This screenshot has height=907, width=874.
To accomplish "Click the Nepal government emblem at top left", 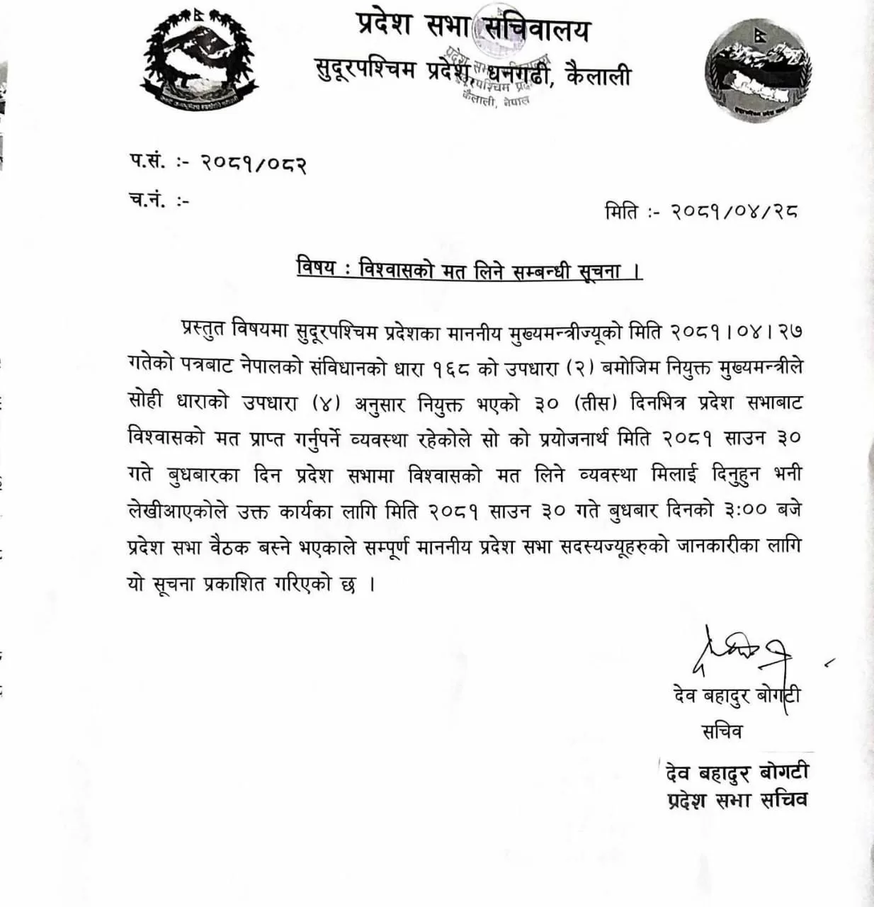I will click(199, 62).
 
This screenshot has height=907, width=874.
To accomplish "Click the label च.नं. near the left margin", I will click(149, 201).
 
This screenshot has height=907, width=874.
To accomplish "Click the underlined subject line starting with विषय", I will click(469, 270).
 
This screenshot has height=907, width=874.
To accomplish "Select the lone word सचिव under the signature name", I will click(722, 731).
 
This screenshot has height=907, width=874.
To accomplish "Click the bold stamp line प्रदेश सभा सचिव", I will click(737, 800).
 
